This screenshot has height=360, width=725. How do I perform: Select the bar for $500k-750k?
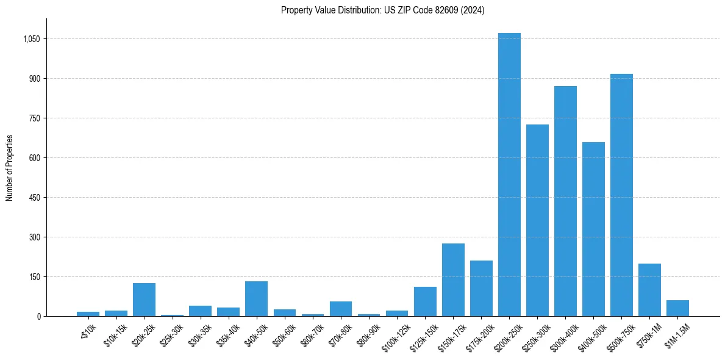(x=621, y=195)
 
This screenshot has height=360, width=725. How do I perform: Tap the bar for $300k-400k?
(x=565, y=201)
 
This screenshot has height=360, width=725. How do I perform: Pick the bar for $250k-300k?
(x=537, y=220)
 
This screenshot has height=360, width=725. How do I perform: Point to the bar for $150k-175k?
(x=453, y=280)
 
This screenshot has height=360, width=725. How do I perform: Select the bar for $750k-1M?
(x=649, y=290)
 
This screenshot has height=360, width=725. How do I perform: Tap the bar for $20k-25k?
(x=144, y=300)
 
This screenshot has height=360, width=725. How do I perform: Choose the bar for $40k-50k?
(x=256, y=299)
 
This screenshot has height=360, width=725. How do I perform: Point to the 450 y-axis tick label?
(x=34, y=198)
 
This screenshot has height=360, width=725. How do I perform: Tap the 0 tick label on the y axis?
(x=38, y=317)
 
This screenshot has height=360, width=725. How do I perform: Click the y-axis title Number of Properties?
(x=10, y=168)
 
